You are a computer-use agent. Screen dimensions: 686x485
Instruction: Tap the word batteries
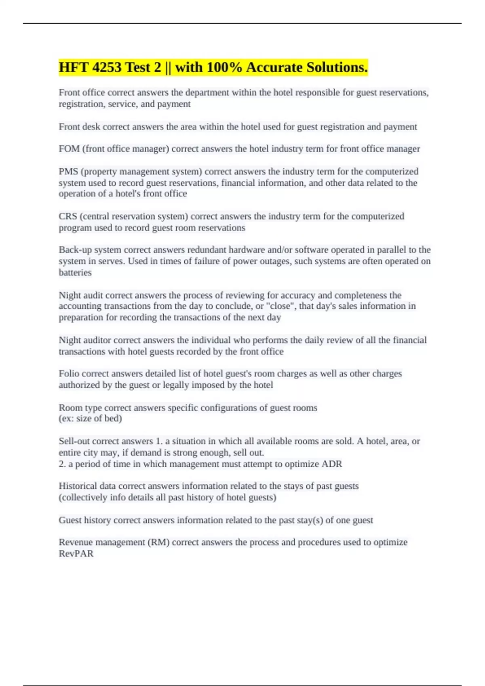(x=75, y=272)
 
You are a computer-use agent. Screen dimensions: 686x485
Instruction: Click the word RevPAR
(x=76, y=554)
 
